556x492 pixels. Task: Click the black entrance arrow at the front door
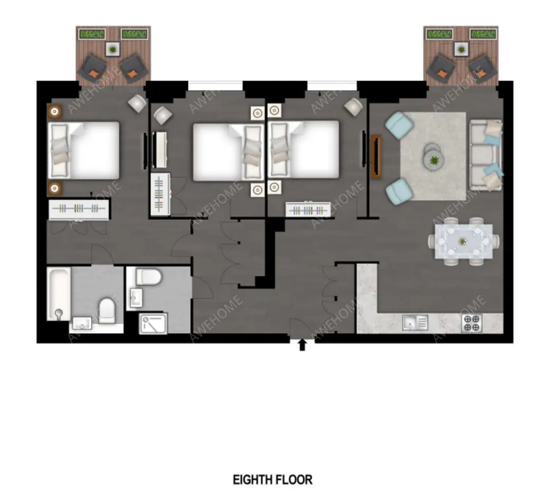click(x=302, y=345)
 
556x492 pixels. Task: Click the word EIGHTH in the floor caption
click(x=253, y=480)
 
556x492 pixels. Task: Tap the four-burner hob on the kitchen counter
click(x=471, y=324)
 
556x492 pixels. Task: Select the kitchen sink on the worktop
click(x=415, y=323)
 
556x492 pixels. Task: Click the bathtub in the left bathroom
click(x=59, y=294)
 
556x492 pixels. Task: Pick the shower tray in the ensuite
click(x=154, y=323)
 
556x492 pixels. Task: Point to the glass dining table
click(x=464, y=242)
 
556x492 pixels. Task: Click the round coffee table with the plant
click(x=433, y=160)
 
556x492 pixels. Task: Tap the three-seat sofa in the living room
click(x=486, y=155)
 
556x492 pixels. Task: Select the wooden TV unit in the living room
click(x=376, y=157)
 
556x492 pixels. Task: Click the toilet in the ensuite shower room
click(x=149, y=276)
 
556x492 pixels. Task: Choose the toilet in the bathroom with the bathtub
click(x=106, y=310)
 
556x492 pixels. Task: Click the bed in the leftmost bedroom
click(x=84, y=150)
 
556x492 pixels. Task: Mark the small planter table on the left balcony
click(x=113, y=50)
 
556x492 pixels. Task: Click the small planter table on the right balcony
click(x=461, y=49)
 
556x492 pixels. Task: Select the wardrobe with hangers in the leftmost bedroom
click(x=79, y=210)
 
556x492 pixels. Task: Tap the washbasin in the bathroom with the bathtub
click(x=82, y=323)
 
